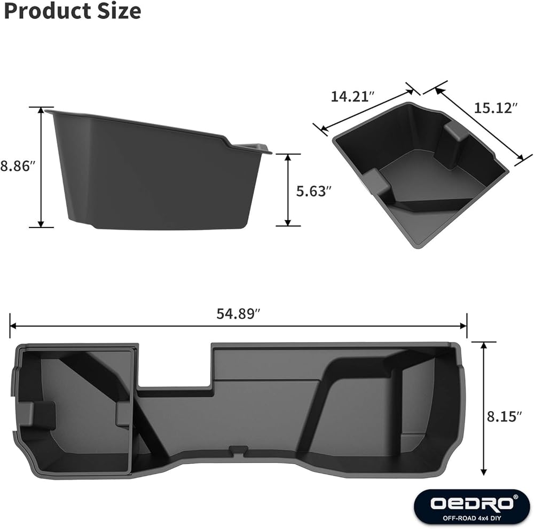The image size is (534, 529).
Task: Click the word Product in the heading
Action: (48, 11)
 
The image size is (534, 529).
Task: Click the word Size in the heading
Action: (119, 11)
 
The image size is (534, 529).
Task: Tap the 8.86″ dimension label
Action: (18, 167)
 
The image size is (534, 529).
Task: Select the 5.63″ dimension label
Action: (313, 191)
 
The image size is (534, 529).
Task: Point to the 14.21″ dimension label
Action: (352, 97)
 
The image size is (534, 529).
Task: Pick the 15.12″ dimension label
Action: (496, 108)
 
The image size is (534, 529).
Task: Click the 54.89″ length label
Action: (238, 313)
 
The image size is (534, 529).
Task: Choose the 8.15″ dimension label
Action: (504, 417)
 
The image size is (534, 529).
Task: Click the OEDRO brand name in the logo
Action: (472, 503)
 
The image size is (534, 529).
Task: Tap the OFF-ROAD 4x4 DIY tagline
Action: (472, 518)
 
